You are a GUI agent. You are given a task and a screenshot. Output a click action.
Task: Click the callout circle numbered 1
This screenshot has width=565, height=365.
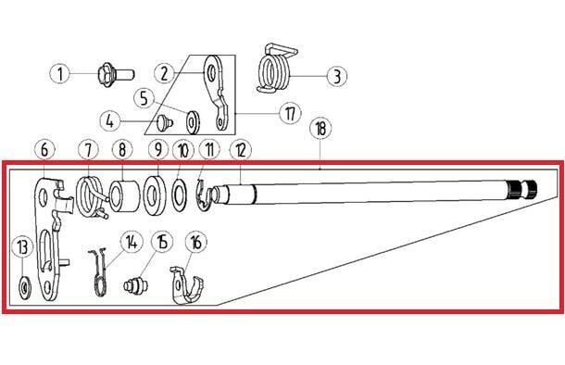coord(60,74)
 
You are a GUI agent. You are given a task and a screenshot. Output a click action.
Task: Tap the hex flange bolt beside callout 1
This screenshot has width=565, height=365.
coord(116,74)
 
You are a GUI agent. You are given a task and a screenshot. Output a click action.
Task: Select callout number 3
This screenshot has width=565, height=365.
coord(336,76)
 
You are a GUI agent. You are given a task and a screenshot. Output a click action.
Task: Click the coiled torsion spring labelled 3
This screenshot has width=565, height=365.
coord(277,69)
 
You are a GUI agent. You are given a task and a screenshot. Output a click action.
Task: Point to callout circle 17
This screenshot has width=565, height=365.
coord(291,114)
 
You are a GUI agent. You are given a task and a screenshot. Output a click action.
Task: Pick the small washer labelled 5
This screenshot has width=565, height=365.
coord(194,122)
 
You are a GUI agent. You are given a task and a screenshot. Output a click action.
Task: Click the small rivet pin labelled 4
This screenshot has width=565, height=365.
coord(164,122)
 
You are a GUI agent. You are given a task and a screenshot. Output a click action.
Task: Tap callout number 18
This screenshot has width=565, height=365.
coord(320,129)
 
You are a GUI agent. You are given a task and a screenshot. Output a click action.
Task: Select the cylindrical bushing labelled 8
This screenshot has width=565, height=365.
coord(124,196)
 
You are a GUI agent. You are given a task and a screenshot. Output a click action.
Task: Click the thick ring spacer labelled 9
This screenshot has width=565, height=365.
coord(155,195)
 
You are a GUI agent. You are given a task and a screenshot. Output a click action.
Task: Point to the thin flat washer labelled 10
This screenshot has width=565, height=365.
coord(179,195)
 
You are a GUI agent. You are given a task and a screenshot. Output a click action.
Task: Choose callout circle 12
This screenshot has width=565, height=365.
coord(240,150)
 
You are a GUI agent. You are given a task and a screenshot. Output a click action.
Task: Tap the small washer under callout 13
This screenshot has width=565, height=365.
coord(24,287)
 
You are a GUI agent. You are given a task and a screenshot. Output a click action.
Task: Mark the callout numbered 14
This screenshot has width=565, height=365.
coord(132,242)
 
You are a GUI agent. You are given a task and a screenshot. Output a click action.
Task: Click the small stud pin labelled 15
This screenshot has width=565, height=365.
coord(135,286)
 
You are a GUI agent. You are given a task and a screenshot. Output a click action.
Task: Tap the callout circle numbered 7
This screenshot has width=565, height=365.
coord(89,149)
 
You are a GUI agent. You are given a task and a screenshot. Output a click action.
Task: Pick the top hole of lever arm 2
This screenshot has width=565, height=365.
coord(211,73)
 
